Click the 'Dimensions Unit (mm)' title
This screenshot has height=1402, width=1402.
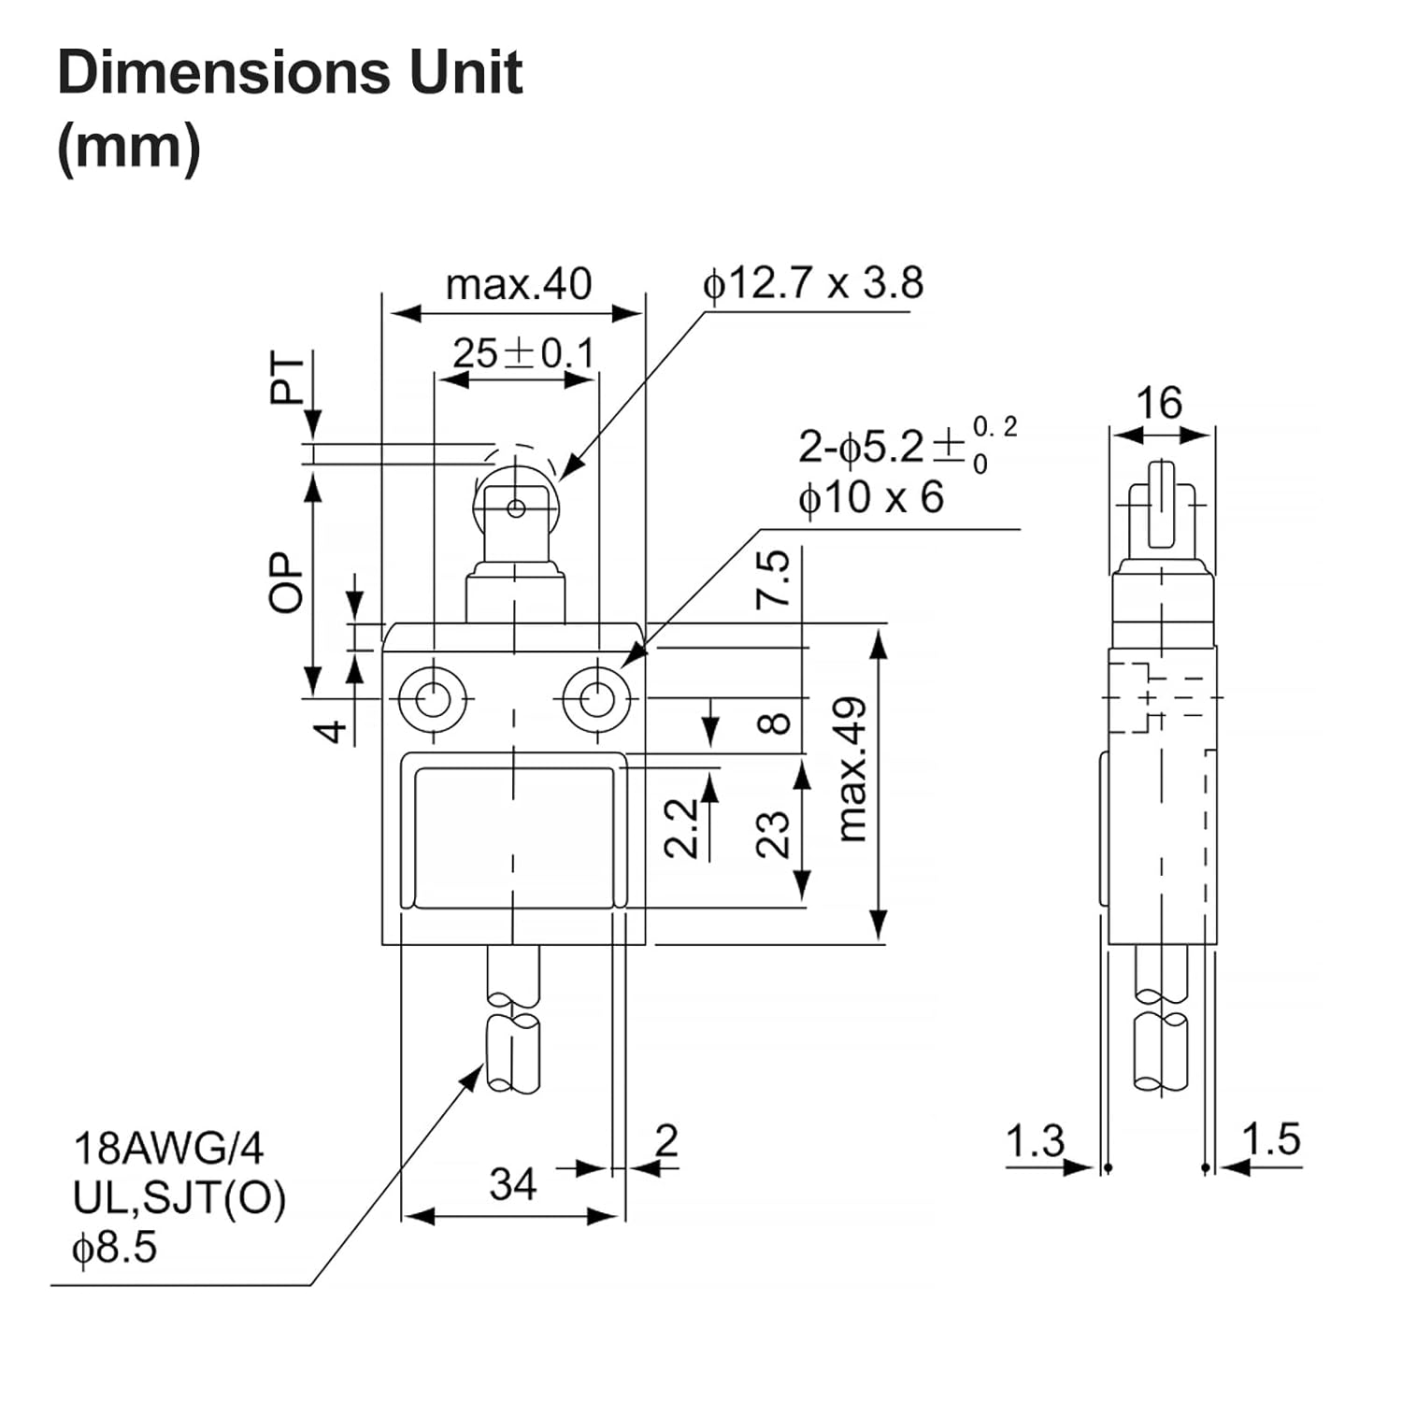(x=290, y=108)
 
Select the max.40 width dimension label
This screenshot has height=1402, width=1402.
(x=519, y=284)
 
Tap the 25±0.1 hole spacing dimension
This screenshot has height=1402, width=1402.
(x=523, y=354)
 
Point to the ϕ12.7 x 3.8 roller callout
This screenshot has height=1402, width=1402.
(x=812, y=283)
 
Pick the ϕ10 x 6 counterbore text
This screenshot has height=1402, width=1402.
(x=870, y=497)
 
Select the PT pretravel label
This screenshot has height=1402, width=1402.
(x=287, y=378)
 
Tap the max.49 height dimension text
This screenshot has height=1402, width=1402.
(x=852, y=768)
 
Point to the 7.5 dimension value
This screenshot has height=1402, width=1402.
(x=774, y=579)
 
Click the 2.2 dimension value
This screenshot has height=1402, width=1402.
(x=682, y=827)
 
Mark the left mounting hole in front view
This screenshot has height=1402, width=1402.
(x=433, y=697)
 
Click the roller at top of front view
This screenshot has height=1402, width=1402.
(x=516, y=508)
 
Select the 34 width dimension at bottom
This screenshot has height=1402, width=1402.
(x=513, y=1184)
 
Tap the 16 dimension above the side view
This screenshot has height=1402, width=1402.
(x=1159, y=404)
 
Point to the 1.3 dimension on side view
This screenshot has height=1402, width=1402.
(x=1035, y=1141)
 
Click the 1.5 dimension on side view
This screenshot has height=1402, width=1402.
(x=1270, y=1139)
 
